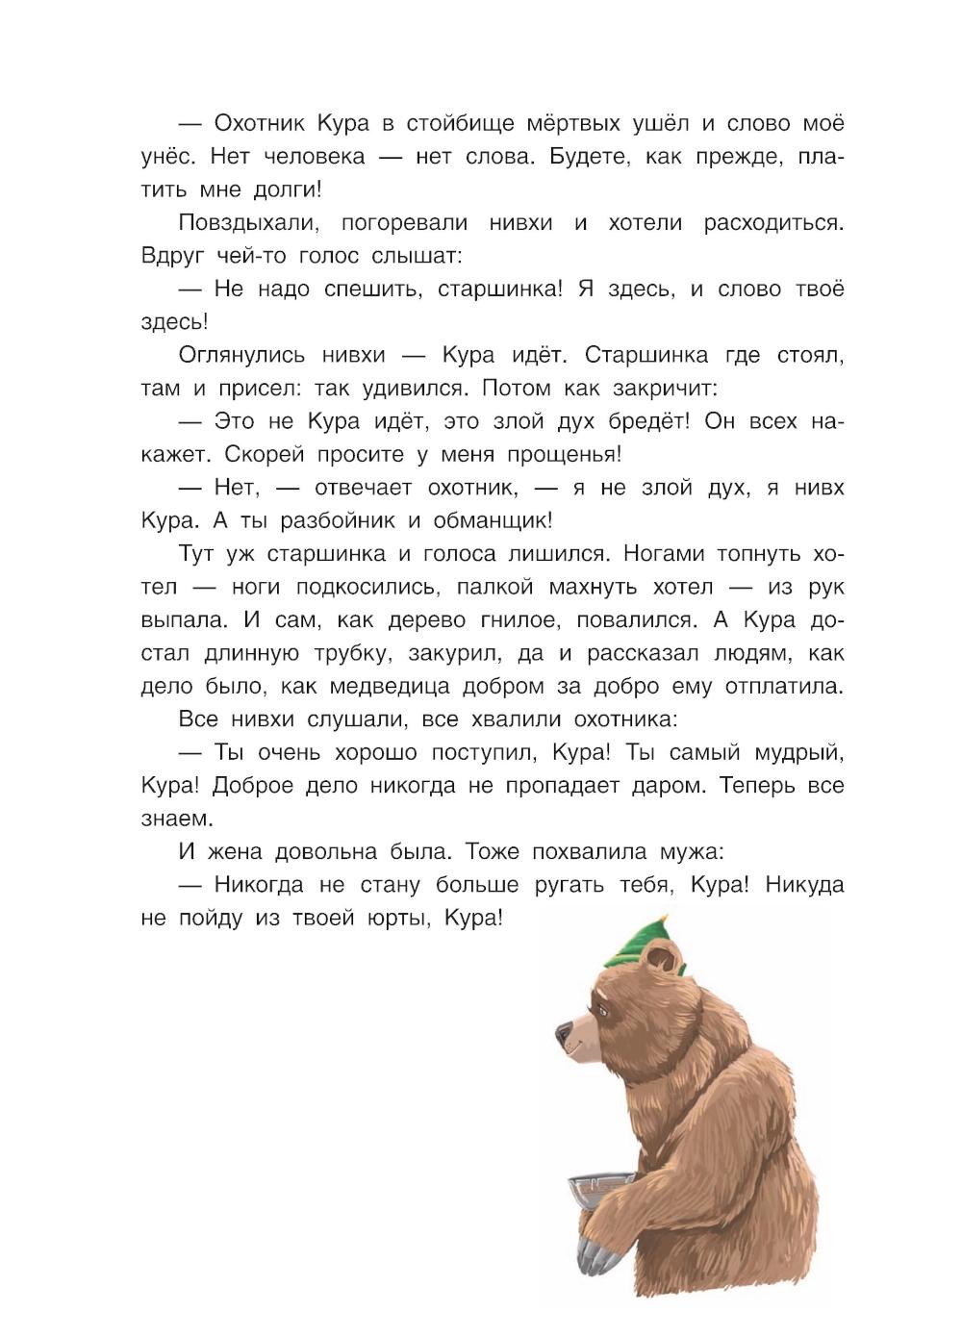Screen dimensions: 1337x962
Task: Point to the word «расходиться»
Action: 773,223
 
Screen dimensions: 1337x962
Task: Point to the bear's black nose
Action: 562,1034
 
